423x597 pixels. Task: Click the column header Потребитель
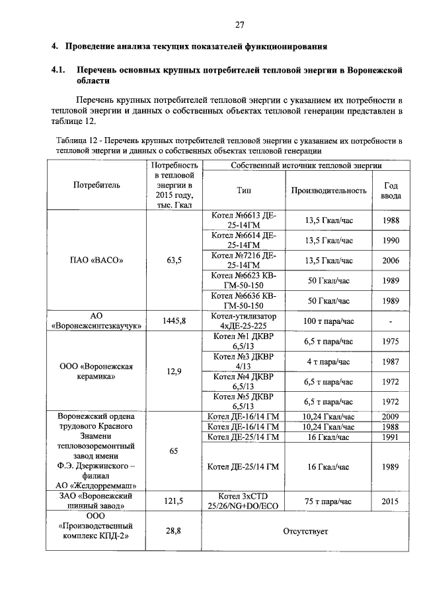pyautogui.click(x=97, y=185)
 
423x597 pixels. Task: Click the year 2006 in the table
pyautogui.click(x=390, y=261)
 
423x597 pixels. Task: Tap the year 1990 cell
pyautogui.click(x=390, y=241)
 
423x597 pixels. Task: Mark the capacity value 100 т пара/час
pyautogui.click(x=329, y=321)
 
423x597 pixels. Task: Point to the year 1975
pyautogui.click(x=390, y=341)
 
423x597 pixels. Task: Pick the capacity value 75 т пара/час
pyautogui.click(x=329, y=501)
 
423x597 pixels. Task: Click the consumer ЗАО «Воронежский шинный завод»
pyautogui.click(x=97, y=501)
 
